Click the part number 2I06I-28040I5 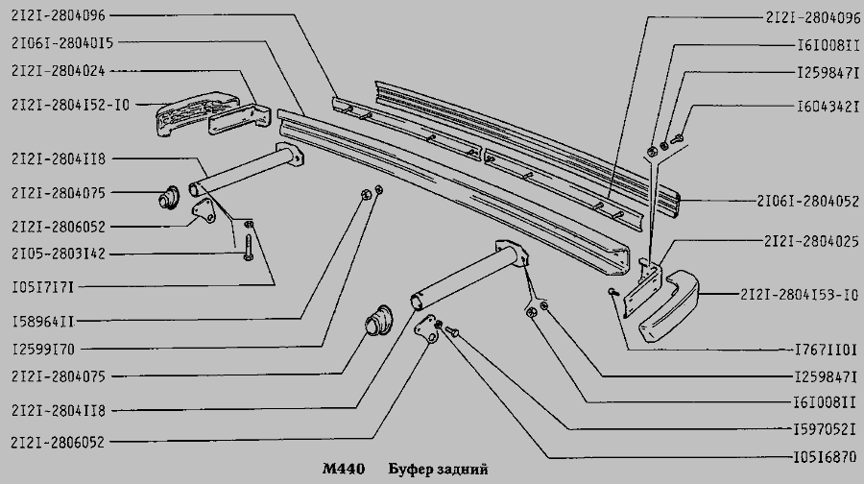(65, 43)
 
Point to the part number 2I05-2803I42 (60, 254)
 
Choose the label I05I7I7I (45, 287)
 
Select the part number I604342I (828, 108)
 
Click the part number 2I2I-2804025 (812, 242)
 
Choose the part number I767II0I (828, 351)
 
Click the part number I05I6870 (828, 457)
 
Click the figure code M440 (342, 471)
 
